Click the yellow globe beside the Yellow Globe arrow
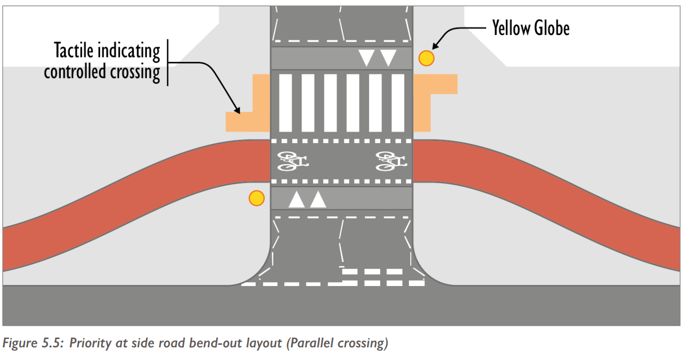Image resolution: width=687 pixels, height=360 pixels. [x=426, y=58]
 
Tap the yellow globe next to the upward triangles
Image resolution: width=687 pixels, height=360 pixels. [x=256, y=198]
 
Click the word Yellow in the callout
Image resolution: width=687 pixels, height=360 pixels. [x=511, y=28]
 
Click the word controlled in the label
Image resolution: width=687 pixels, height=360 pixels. [x=74, y=72]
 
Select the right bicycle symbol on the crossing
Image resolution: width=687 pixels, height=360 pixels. [x=391, y=161]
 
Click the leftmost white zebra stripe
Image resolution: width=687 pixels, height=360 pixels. [x=285, y=103]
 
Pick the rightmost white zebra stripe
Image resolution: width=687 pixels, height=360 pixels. [x=398, y=103]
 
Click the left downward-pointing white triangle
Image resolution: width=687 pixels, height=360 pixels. [x=366, y=58]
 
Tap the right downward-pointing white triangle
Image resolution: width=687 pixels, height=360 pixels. [x=388, y=58]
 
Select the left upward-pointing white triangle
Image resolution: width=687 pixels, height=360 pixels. [x=297, y=199]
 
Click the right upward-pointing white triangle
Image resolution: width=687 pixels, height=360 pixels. [x=318, y=199]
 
